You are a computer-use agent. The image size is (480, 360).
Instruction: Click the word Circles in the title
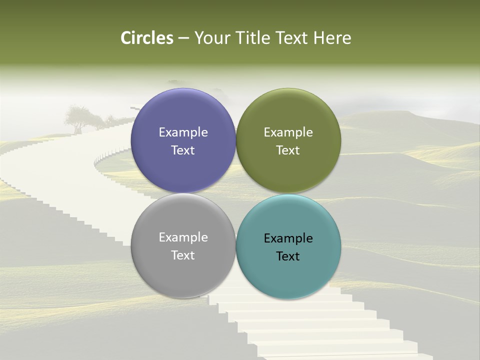(147, 38)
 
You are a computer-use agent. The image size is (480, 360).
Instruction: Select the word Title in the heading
(254, 38)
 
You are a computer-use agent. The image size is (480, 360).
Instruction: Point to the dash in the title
(183, 38)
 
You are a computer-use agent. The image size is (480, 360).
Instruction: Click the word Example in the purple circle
(183, 132)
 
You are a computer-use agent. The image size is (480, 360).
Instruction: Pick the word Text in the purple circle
(183, 150)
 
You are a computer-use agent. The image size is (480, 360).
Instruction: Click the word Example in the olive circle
(288, 132)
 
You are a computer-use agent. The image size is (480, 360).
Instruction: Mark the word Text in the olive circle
(288, 150)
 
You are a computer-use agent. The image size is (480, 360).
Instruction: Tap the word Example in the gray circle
(183, 237)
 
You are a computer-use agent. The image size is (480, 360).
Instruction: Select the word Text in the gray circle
(183, 255)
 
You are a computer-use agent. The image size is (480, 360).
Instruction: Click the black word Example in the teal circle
(288, 238)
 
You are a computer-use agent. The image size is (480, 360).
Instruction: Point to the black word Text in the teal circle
(288, 256)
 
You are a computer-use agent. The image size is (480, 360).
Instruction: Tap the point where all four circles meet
(235, 193)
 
